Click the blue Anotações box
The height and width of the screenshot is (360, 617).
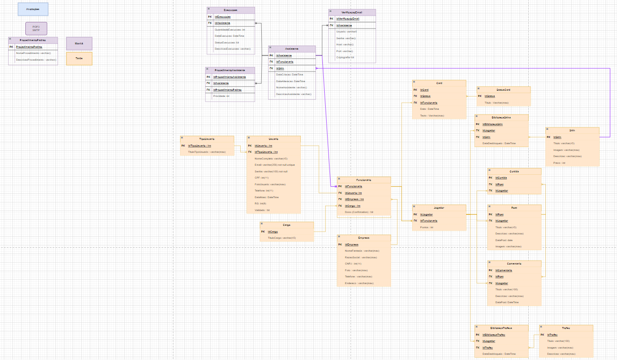click(x=33, y=9)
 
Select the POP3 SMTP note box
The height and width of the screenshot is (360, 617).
click(x=36, y=28)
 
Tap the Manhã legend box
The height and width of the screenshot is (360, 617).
click(x=79, y=43)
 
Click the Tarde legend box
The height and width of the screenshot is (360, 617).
click(x=79, y=58)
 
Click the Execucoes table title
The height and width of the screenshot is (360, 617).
click(x=231, y=10)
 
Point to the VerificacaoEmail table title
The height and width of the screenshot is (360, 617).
click(x=352, y=12)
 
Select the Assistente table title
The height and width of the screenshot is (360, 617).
click(x=292, y=49)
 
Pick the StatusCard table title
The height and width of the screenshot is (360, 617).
click(x=503, y=89)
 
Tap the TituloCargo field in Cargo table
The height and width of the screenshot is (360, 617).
click(x=282, y=238)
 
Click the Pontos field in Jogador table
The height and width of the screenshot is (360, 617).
click(x=426, y=227)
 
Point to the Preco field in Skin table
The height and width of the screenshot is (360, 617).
click(x=559, y=163)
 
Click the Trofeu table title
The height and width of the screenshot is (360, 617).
click(x=566, y=328)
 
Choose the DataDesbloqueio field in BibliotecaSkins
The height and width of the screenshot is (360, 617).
click(x=499, y=143)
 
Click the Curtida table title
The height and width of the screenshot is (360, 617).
click(x=514, y=171)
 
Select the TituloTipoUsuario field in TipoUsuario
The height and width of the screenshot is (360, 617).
click(x=207, y=152)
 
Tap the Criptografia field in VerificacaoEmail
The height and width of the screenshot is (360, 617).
click(x=345, y=57)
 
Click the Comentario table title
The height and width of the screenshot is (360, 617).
click(x=514, y=264)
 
